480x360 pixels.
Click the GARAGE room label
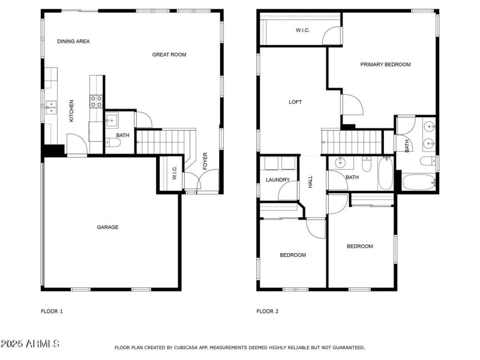[x=108, y=227]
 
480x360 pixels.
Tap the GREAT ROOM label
[x=169, y=55]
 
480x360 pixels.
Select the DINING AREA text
[x=73, y=41]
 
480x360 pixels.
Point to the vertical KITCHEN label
[x=71, y=111]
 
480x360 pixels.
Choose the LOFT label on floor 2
[x=295, y=102]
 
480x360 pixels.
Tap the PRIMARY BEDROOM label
[x=385, y=64]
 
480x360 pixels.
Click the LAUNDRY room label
[x=278, y=180]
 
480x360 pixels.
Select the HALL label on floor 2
[x=311, y=182]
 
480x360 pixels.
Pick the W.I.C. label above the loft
[x=302, y=30]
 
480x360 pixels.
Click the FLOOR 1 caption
[x=52, y=311]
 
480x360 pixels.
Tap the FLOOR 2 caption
[x=268, y=311]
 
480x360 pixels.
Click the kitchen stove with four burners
[x=97, y=101]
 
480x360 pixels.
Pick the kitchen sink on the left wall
[x=52, y=107]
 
